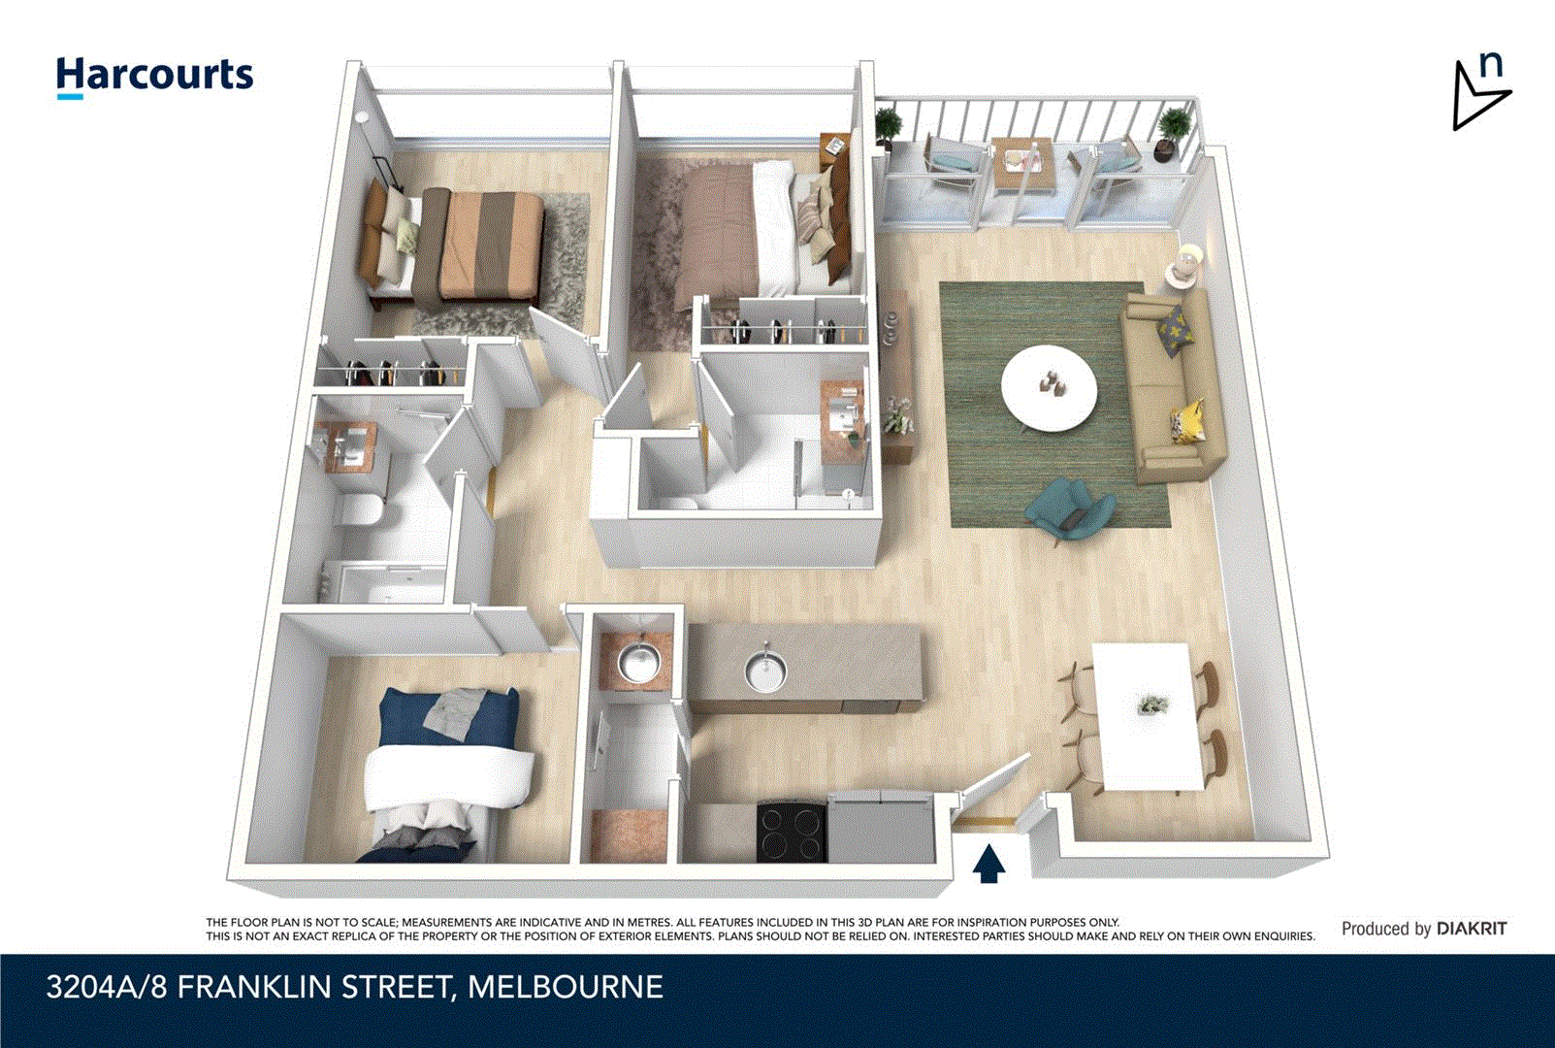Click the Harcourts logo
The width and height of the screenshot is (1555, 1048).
click(154, 76)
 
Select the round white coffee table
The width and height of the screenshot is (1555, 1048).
click(1049, 389)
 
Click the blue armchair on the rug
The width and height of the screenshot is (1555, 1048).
click(1070, 508)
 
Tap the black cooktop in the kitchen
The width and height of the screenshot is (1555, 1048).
click(791, 832)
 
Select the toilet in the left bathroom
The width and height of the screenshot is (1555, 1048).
click(360, 509)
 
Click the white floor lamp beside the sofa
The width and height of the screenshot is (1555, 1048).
click(1184, 264)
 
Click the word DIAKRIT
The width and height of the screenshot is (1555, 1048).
click(1472, 929)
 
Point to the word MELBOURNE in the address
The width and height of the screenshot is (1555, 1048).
click(566, 988)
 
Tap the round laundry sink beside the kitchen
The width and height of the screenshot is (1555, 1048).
click(638, 665)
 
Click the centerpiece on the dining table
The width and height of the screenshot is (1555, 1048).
click(1151, 705)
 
